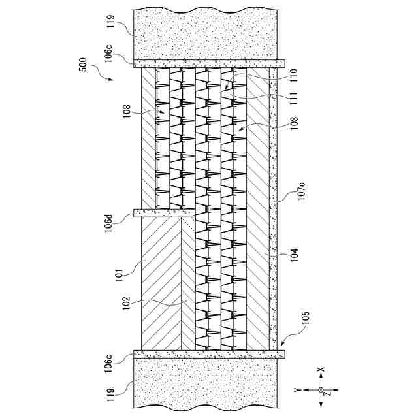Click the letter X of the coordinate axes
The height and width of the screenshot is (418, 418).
tap(321, 370)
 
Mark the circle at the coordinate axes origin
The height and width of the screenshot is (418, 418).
tap(321, 391)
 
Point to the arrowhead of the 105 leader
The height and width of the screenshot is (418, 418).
tap(281, 343)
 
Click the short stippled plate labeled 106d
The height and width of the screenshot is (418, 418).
tap(163, 213)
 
